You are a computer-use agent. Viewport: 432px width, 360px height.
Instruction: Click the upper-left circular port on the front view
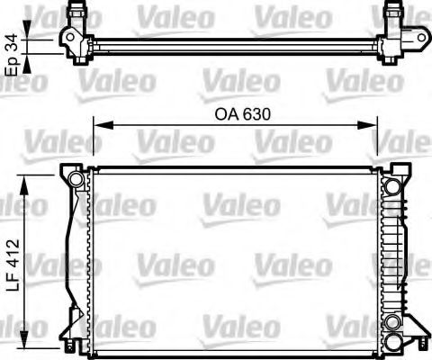click(78, 183)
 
